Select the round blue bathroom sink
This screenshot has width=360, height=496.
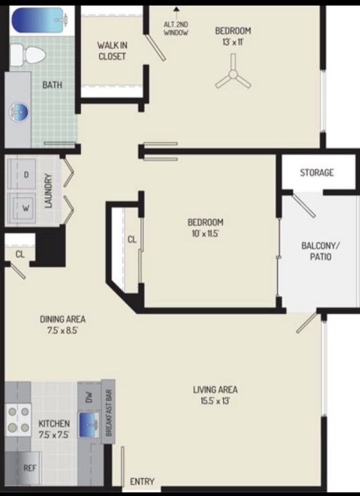(x=19, y=111)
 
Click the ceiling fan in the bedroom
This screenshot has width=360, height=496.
(x=233, y=73)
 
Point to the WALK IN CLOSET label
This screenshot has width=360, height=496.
(x=112, y=51)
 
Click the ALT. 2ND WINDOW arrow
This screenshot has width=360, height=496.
(x=177, y=12)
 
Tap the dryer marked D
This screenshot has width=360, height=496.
(x=22, y=174)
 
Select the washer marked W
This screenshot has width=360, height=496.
(x=22, y=208)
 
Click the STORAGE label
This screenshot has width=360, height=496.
(x=317, y=172)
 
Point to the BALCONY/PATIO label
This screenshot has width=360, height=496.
(x=320, y=251)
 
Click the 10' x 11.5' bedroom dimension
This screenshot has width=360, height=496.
(x=206, y=234)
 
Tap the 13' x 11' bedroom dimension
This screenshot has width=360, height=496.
(x=233, y=42)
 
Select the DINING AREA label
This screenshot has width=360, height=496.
(x=63, y=319)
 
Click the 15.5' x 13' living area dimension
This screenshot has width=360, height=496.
(x=215, y=401)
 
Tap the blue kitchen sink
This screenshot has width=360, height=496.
(x=89, y=425)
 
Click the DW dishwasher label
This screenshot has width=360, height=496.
(x=89, y=397)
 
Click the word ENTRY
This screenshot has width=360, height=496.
(x=143, y=482)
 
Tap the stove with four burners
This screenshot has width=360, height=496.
(x=19, y=420)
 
